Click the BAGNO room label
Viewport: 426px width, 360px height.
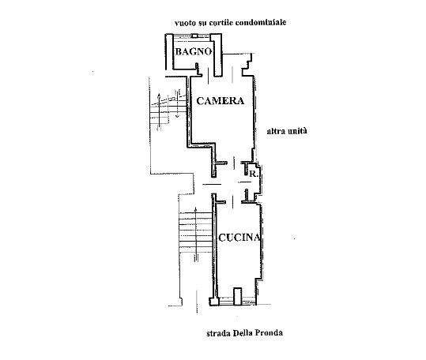[194, 51]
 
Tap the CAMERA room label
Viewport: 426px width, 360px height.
[220, 101]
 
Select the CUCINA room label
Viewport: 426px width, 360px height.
[239, 238]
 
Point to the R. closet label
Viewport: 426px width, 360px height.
[253, 174]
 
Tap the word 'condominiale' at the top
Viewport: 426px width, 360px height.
[261, 22]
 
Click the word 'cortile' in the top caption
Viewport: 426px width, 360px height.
[220, 22]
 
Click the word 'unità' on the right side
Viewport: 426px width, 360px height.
[297, 131]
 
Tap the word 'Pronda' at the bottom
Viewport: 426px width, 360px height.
[270, 332]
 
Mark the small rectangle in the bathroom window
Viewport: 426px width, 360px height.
[194, 36]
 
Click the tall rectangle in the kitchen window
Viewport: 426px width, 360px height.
[238, 296]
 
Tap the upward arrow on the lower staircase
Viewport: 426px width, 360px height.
[196, 234]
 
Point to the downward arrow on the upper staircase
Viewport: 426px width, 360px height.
[177, 103]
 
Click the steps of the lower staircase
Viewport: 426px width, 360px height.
[195, 233]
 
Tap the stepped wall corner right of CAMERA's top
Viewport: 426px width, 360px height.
[248, 65]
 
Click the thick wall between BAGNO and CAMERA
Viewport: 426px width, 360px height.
[217, 55]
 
